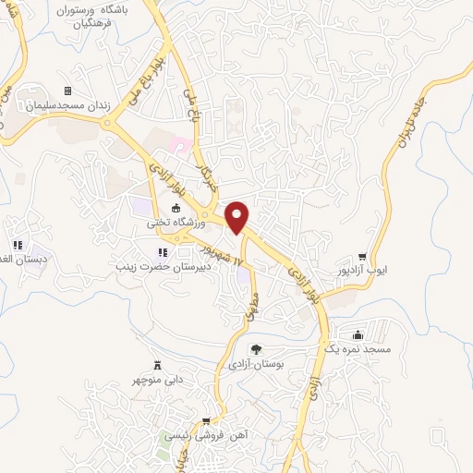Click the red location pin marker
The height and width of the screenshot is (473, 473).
click(x=237, y=217)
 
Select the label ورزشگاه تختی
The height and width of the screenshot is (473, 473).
click(x=172, y=223)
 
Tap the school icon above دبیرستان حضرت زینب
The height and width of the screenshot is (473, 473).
click(x=163, y=251)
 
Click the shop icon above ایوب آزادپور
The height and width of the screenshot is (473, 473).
click(x=362, y=258)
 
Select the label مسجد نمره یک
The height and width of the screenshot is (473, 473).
click(x=358, y=349)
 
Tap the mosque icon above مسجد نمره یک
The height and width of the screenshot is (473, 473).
click(x=358, y=334)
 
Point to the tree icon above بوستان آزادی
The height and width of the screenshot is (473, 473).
click(x=256, y=349)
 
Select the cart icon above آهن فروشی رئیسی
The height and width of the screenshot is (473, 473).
click(x=220, y=419)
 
